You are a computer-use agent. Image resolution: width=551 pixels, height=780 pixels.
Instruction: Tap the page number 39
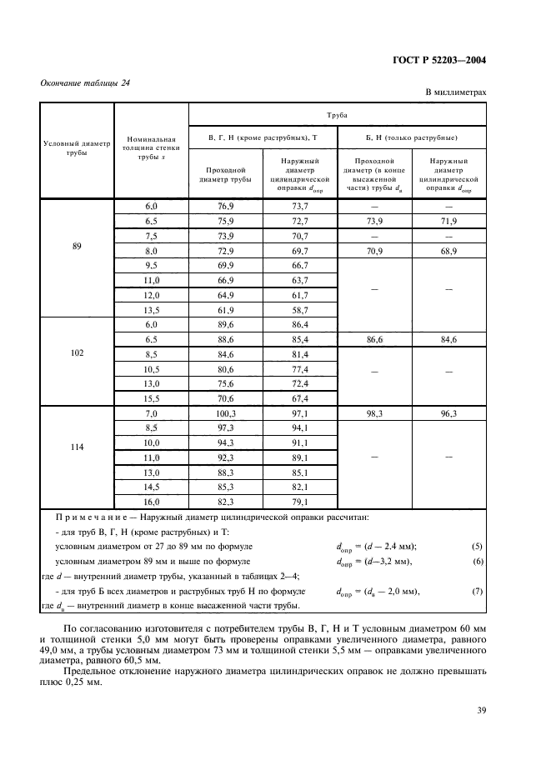[x=481, y=711]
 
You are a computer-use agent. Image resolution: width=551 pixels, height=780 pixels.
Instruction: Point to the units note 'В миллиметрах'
[x=456, y=93]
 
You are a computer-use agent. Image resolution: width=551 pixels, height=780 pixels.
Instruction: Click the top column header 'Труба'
[x=338, y=118]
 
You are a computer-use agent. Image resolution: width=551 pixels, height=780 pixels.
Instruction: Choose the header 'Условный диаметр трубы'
[x=77, y=147]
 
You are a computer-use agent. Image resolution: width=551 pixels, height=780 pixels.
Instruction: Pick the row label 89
[x=77, y=246]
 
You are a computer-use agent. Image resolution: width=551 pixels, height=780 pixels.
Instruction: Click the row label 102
[x=77, y=352]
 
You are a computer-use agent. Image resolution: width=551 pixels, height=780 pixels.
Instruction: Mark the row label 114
[x=77, y=446]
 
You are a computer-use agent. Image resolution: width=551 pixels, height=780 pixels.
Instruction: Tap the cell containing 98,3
[x=373, y=413]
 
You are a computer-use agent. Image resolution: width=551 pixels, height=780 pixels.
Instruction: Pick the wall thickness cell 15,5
[x=151, y=398]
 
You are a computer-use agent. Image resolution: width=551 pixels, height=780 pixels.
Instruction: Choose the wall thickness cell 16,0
[x=151, y=502]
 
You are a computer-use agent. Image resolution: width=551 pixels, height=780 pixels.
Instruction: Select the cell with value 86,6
[x=373, y=339]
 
